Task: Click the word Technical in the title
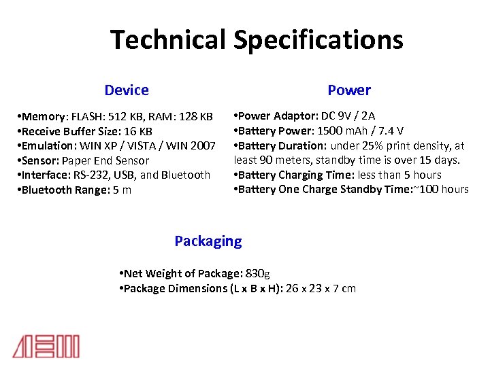(x=168, y=39)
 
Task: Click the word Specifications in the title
(x=318, y=41)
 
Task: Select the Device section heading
(x=127, y=90)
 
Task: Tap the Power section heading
(x=349, y=90)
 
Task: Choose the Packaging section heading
(x=208, y=241)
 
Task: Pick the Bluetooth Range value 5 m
(x=122, y=190)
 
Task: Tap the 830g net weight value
(x=257, y=273)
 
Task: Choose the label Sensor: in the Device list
(x=40, y=160)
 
